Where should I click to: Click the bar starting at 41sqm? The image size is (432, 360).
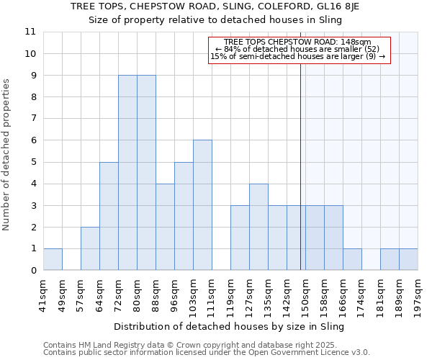53,259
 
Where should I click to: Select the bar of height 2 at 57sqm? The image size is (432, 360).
90,248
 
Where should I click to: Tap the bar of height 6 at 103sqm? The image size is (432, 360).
202,205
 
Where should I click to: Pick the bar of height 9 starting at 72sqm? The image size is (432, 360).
127,173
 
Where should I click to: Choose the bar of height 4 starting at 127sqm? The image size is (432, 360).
258,227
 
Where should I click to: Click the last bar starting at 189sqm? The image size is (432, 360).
408,259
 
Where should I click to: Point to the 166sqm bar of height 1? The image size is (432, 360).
352,259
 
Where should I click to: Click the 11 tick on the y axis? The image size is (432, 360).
31,32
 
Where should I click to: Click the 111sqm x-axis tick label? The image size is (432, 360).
212,295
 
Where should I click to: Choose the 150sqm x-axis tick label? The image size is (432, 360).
305,295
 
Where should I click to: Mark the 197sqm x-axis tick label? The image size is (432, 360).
418,295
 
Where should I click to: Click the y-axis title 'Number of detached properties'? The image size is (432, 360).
7,155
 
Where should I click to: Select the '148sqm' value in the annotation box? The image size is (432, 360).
357,42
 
